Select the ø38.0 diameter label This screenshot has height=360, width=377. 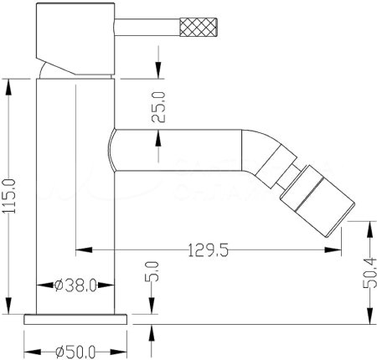(77, 284)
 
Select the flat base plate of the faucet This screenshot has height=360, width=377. (76, 319)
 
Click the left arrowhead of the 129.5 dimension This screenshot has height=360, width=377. (80, 249)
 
